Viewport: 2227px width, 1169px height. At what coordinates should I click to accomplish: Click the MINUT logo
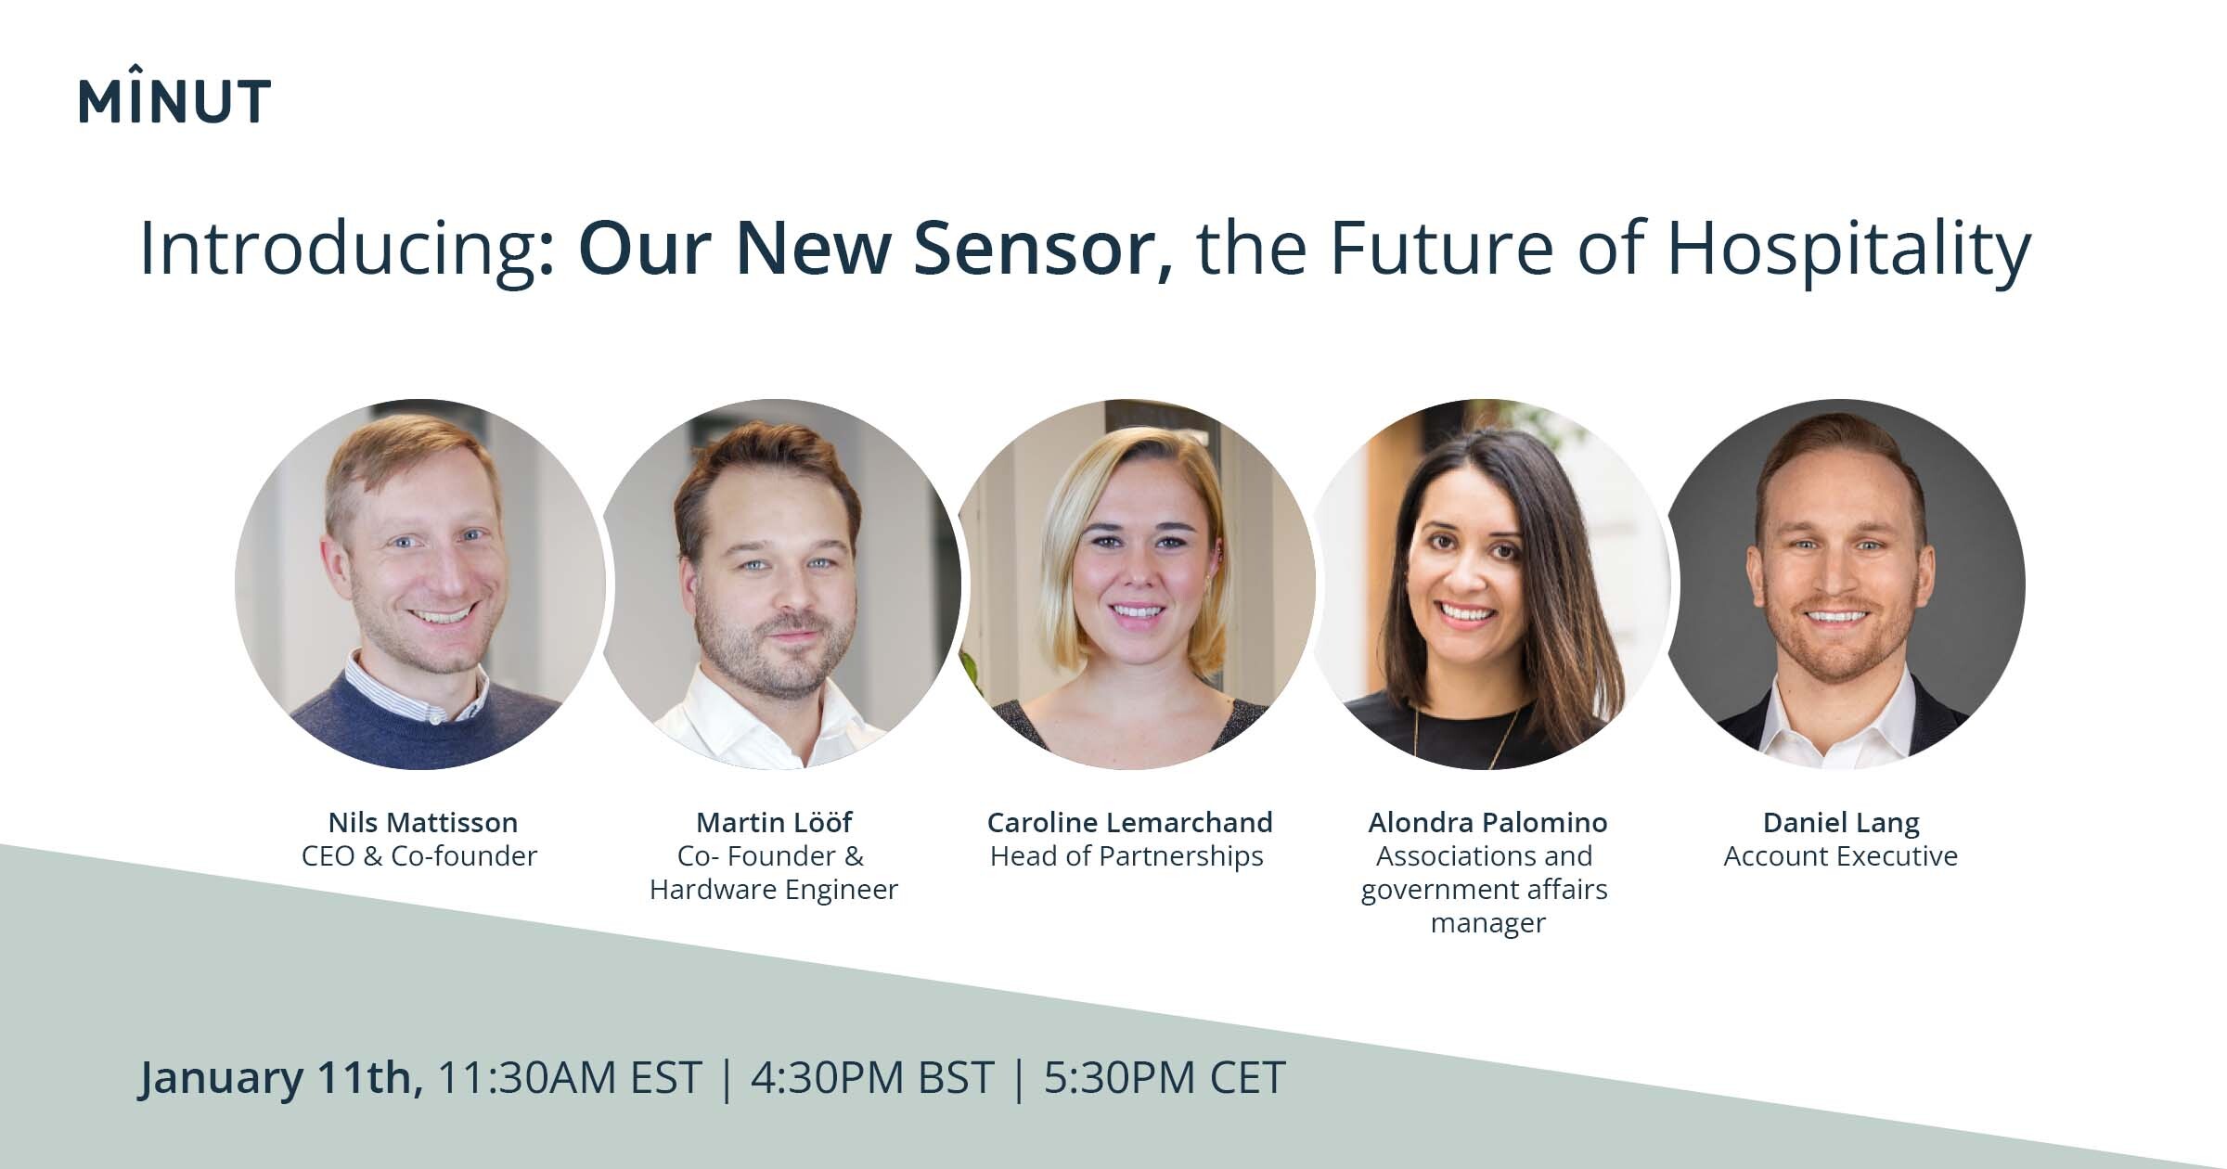point(174,95)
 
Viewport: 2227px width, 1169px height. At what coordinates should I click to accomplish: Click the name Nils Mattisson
point(423,822)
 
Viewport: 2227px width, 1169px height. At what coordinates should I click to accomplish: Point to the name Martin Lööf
point(774,822)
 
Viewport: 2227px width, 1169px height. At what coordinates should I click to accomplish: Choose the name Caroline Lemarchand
point(1129,822)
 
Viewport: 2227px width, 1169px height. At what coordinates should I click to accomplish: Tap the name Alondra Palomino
point(1487,823)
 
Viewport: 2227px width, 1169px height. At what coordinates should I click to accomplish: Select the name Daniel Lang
point(1841,823)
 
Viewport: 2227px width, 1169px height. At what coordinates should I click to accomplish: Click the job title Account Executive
point(1841,855)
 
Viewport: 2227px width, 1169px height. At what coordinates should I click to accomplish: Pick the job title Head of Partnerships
point(1126,856)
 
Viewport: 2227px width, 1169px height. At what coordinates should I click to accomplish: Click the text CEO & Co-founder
point(419,855)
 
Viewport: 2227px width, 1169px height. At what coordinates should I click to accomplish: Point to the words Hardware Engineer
point(774,890)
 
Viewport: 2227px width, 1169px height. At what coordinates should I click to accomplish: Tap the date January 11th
point(281,1078)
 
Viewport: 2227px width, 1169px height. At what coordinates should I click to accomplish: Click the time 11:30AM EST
point(569,1078)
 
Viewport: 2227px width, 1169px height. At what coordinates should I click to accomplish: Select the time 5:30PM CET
point(1165,1078)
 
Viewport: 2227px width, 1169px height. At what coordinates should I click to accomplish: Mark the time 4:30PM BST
point(872,1078)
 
